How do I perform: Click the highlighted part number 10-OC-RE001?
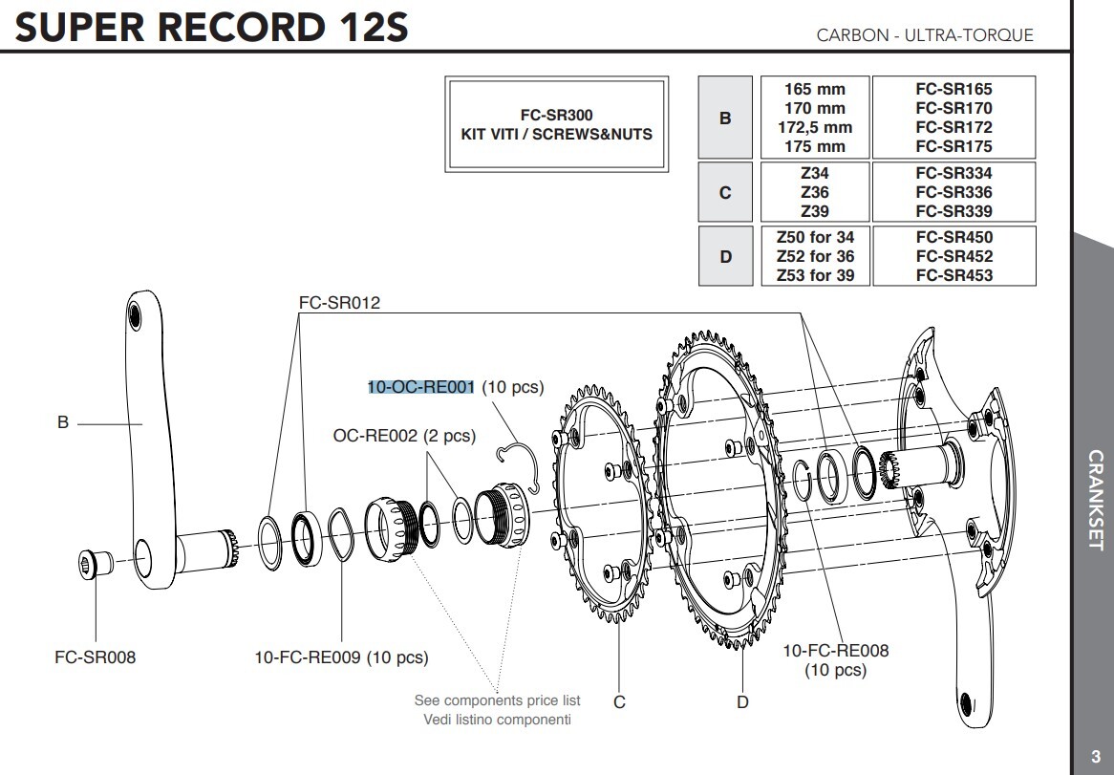coord(421,387)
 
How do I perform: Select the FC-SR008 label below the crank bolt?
coord(95,657)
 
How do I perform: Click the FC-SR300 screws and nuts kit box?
coord(556,125)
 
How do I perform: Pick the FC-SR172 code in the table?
coord(953,127)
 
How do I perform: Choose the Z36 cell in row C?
coord(814,192)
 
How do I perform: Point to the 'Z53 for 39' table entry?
coord(814,275)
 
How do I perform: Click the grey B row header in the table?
coord(725,118)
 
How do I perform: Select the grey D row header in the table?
coord(725,256)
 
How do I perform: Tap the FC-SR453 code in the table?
coord(953,275)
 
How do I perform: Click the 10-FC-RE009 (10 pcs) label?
coord(341,657)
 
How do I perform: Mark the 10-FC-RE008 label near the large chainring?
coord(835,651)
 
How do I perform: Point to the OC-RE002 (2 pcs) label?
coord(404,436)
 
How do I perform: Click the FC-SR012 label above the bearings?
coord(339,304)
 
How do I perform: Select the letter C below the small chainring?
coord(619,702)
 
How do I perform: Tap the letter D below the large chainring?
coord(742,702)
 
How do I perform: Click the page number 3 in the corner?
coord(1095,757)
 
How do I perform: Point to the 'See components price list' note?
coord(498,700)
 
